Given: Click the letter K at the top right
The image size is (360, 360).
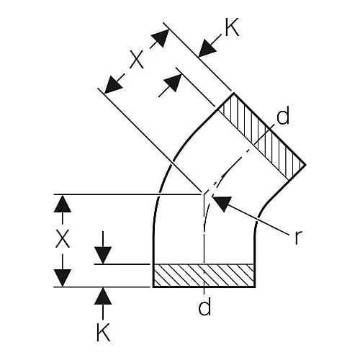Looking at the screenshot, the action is (x=232, y=27).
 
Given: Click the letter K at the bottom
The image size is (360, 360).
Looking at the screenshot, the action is (x=103, y=332).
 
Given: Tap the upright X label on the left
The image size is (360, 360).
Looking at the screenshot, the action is (x=63, y=238).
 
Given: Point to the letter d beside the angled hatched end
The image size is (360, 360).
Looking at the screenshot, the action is (x=283, y=116).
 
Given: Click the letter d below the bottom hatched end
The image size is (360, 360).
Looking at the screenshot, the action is (x=204, y=306).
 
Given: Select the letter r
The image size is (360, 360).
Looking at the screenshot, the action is (x=298, y=237).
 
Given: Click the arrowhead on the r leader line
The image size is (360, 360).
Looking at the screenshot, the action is (x=222, y=203).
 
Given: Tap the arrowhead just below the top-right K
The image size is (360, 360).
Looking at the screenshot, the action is (x=207, y=49).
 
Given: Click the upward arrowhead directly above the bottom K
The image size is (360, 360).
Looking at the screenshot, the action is (x=103, y=296).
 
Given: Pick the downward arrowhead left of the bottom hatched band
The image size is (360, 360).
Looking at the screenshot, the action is (x=103, y=255).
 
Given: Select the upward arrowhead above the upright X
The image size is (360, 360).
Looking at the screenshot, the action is (x=63, y=204).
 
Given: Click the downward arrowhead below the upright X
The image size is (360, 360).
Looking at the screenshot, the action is (x=63, y=278).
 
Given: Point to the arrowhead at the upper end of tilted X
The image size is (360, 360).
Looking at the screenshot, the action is (x=161, y=38).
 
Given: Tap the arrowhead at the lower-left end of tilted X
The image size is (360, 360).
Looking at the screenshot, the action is (x=114, y=84).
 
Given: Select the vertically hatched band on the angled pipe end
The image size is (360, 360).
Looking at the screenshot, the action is (x=261, y=136).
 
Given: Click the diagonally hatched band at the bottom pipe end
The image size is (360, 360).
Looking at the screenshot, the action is (x=204, y=275).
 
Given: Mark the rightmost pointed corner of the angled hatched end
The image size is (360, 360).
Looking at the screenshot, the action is (x=305, y=165).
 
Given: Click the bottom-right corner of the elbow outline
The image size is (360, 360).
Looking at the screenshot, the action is (x=255, y=287).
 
